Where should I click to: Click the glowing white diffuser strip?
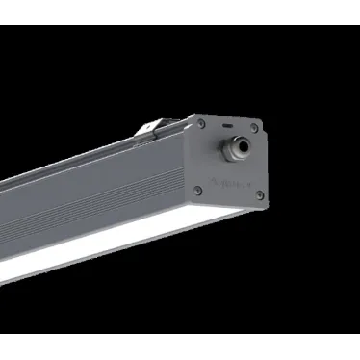click(96, 244)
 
